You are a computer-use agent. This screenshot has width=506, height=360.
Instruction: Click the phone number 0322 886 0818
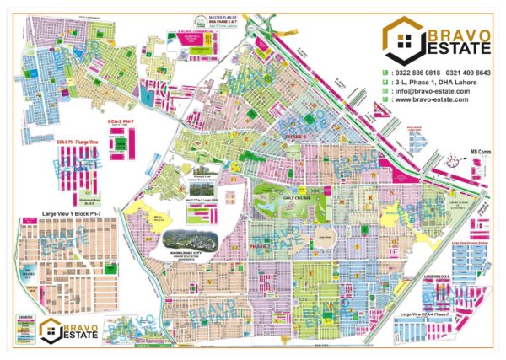point(412,73)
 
